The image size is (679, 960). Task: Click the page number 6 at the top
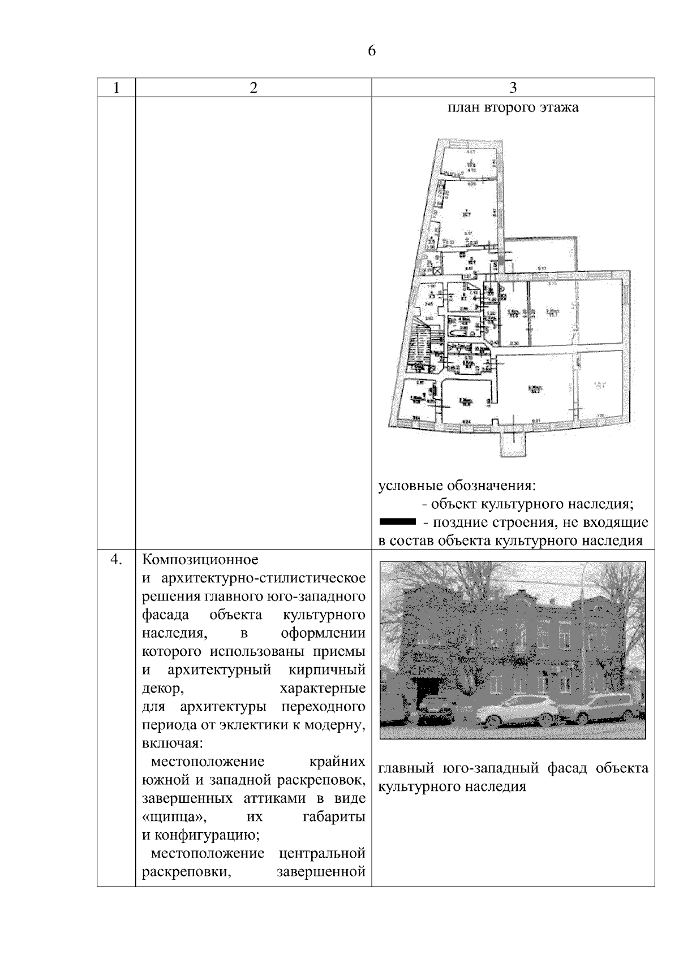tap(372, 51)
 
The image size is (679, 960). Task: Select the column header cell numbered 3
tap(513, 88)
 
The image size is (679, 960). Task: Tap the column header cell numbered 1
tap(116, 88)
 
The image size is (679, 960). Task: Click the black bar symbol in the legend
tap(397, 521)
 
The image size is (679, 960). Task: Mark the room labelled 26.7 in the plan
tap(466, 214)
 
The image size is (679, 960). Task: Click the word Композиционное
tap(200, 560)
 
